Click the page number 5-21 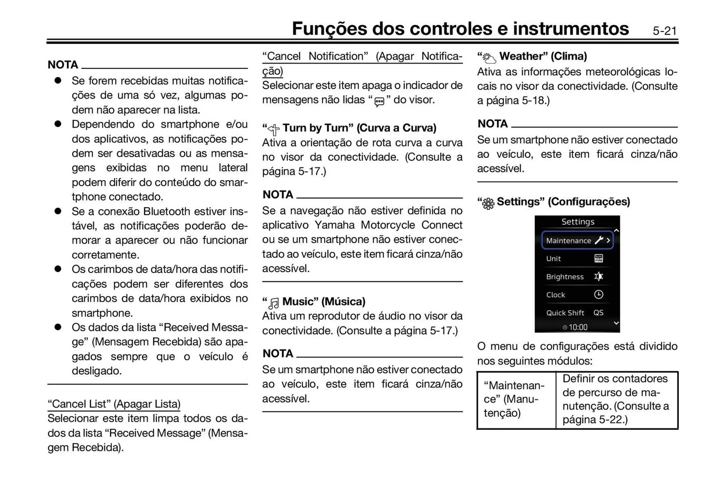point(665,31)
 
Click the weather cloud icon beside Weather point(489,58)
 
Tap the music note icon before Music point(274,303)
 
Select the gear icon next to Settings point(488,203)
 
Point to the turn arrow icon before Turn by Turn point(274,129)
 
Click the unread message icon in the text point(379,101)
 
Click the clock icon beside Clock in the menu point(599,294)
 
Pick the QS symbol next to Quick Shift point(599,313)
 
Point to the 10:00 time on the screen point(578,327)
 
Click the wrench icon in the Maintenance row point(599,240)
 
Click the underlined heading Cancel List point(114,404)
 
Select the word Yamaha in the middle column point(334,225)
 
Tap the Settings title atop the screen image point(578,222)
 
